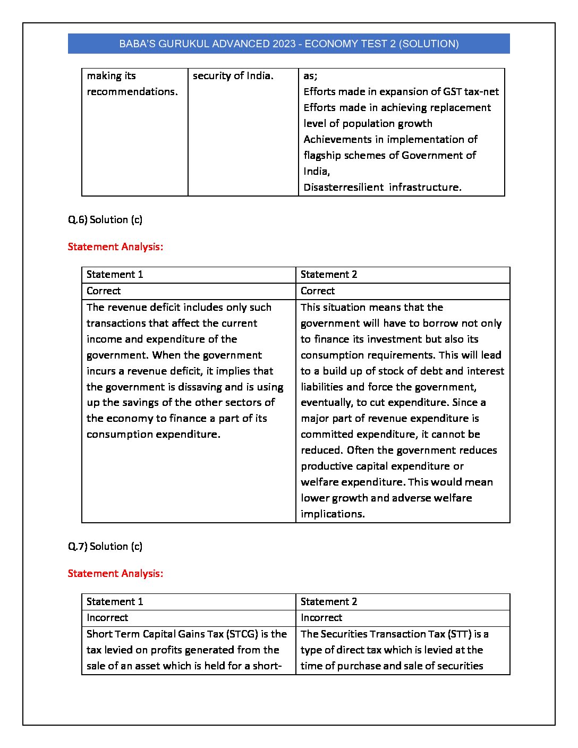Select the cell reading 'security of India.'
tap(233, 76)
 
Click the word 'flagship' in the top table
tap(323, 156)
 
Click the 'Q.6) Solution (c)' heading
tap(105, 220)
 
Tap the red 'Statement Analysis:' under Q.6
tap(115, 247)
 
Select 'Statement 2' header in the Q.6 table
tap(329, 275)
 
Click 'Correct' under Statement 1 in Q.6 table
tap(104, 291)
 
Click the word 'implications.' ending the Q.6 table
tap(333, 514)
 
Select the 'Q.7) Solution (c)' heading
tap(105, 547)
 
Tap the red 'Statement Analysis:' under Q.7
tap(115, 574)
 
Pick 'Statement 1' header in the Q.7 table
tap(115, 602)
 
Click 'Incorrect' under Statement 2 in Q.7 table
tap(321, 618)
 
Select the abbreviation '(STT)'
tap(460, 634)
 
